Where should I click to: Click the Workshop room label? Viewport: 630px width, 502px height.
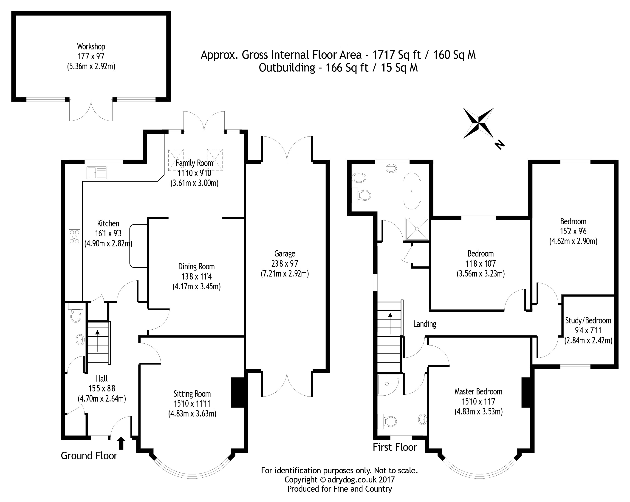91,46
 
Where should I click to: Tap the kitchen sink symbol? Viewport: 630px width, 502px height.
96,173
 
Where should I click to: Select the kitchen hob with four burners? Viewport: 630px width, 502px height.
74,237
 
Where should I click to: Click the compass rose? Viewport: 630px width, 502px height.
478,123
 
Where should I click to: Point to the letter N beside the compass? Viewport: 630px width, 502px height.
500,144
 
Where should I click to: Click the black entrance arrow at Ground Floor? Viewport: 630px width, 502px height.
121,443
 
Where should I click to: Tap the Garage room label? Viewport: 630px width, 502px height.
285,254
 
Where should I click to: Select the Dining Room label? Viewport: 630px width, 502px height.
196,266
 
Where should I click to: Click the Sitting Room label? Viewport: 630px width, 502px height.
192,394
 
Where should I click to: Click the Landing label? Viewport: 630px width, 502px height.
425,324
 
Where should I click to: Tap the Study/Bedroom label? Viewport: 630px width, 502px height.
588,320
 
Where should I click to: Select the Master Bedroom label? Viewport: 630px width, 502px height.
478,391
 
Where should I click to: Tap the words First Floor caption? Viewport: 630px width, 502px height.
395,447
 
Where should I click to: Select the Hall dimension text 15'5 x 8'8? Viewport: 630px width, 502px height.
102,388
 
